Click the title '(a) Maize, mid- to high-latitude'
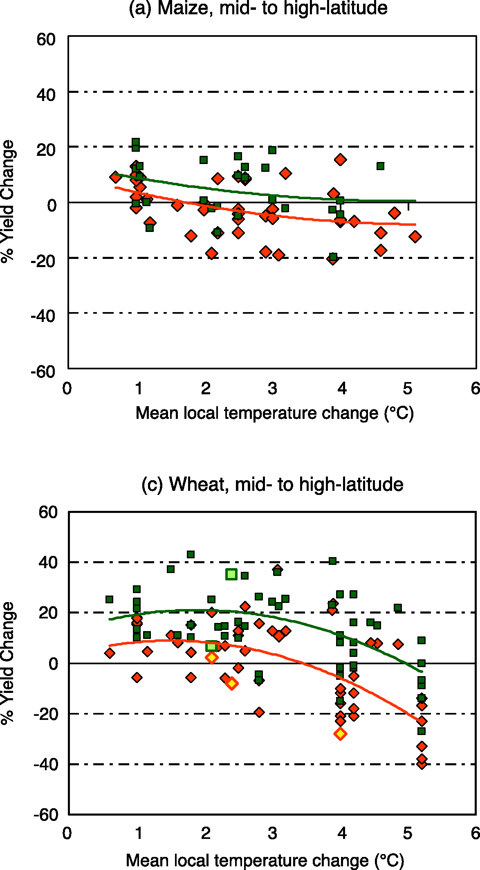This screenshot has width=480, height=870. (x=258, y=8)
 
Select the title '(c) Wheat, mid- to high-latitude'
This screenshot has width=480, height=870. (x=272, y=484)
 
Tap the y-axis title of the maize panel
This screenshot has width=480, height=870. (x=8, y=202)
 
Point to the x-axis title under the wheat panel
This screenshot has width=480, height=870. (x=265, y=861)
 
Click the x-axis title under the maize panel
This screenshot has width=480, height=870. (x=274, y=413)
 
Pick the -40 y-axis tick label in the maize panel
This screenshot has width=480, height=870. (x=43, y=316)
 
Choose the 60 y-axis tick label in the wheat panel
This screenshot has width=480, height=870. (x=48, y=512)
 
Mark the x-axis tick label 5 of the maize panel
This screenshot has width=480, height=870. (x=407, y=388)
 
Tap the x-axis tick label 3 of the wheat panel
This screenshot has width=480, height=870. (x=272, y=833)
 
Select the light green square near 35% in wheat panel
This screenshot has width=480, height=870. (x=231, y=574)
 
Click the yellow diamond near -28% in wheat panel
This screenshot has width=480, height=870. (x=340, y=734)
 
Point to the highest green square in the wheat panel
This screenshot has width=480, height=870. (x=191, y=555)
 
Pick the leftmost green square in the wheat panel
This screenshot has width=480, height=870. (x=109, y=599)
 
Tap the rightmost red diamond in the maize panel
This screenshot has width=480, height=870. (x=415, y=237)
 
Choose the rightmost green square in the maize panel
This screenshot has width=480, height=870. (x=380, y=166)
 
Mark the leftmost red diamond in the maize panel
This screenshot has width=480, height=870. (x=115, y=177)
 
